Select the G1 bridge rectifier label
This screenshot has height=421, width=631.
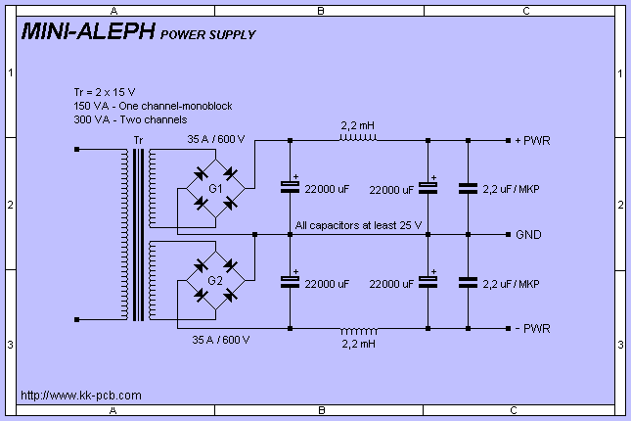(215, 187)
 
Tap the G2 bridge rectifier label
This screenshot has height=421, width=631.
(215, 281)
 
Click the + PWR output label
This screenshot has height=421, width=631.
(532, 140)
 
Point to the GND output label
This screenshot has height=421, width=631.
(528, 235)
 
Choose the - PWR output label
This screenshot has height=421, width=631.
(532, 329)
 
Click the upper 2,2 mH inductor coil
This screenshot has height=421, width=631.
(358, 138)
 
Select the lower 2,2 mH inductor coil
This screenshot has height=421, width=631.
(358, 328)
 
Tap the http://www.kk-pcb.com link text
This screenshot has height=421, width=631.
(81, 396)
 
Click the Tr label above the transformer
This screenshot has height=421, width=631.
(137, 141)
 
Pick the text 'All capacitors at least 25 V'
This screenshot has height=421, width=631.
(358, 226)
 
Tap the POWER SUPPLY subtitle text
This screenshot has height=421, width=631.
(207, 34)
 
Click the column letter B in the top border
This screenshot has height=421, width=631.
(320, 9)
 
